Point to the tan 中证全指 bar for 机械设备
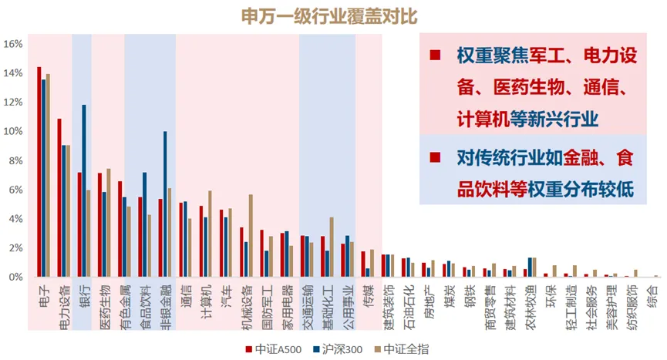click(251, 235)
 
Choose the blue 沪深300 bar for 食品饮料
click(144, 224)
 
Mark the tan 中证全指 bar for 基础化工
click(332, 247)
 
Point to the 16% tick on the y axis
click(12, 44)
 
